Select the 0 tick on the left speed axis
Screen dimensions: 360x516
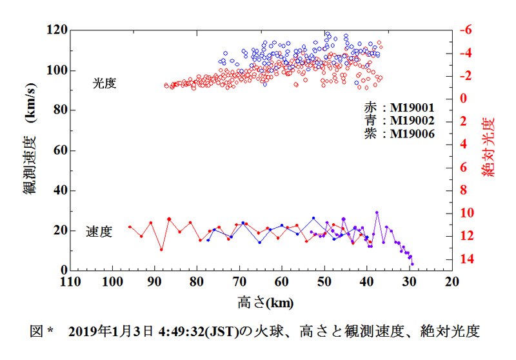click(x=64, y=270)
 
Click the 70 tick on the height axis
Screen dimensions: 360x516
click(x=239, y=283)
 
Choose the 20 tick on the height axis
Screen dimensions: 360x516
click(x=451, y=283)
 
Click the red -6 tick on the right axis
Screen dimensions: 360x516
click(x=466, y=30)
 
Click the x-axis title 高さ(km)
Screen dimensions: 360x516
click(x=261, y=301)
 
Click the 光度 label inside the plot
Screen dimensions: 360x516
click(x=104, y=83)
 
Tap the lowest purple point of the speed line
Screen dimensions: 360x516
click(x=412, y=263)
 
